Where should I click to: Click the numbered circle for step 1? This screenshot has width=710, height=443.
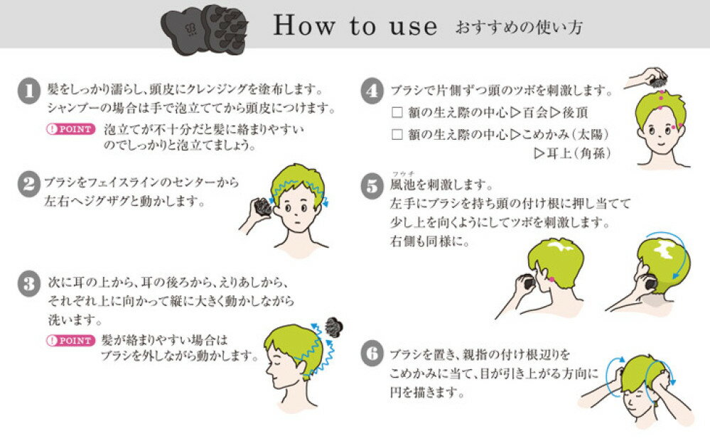[x=29, y=92]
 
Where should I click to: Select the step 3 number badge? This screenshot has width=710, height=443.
[x=29, y=283]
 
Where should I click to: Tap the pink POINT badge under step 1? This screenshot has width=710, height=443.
[x=70, y=129]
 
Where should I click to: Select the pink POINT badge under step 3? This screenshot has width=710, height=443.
[x=70, y=340]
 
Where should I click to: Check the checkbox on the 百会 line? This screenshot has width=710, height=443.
[x=397, y=114]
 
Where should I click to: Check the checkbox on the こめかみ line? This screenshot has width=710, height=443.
[x=397, y=134]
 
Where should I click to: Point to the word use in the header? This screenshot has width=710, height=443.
[x=412, y=26]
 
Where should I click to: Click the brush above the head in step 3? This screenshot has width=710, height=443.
[x=334, y=327]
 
